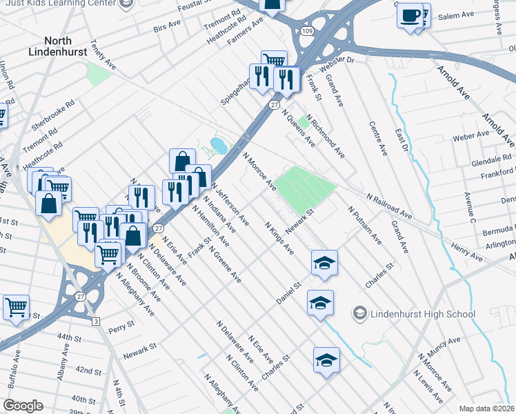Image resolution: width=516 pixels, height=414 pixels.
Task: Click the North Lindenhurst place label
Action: click(x=63, y=46)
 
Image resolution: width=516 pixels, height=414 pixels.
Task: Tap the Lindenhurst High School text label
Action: click(x=423, y=314)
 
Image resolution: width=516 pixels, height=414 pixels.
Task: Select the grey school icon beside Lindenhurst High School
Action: click(x=359, y=314)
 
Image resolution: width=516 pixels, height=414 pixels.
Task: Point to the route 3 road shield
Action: click(x=96, y=322)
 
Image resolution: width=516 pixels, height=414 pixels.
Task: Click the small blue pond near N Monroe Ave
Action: click(x=219, y=146)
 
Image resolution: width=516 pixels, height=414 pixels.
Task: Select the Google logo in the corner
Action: click(x=23, y=405)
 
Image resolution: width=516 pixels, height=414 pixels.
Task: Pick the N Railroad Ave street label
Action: click(x=389, y=206)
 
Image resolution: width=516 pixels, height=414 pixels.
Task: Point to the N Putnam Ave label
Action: click(x=365, y=225)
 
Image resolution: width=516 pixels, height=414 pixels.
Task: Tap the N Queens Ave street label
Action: click(x=297, y=130)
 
